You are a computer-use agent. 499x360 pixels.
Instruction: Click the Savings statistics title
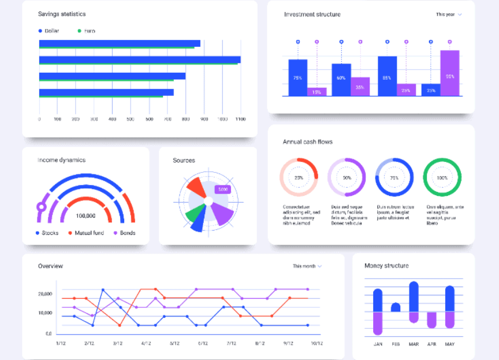tap(62, 13)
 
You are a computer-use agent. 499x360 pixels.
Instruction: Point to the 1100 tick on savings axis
tap(240, 119)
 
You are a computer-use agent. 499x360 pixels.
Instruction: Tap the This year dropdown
tap(449, 14)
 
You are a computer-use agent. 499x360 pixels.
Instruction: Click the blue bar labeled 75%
tap(298, 77)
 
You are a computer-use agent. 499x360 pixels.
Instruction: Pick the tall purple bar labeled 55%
tap(450, 73)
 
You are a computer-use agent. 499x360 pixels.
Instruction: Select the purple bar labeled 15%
tap(316, 91)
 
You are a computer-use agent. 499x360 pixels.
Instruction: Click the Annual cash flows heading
tap(307, 142)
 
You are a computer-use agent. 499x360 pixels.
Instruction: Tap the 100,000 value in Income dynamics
tap(85, 216)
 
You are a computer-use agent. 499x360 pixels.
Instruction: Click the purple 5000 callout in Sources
tap(222, 189)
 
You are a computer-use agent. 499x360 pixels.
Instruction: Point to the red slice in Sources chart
tap(195, 188)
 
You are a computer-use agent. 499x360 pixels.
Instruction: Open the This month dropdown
tap(307, 266)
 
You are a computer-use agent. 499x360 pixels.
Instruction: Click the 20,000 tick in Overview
tap(46, 294)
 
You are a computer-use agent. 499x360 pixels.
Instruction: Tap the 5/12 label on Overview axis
tap(174, 343)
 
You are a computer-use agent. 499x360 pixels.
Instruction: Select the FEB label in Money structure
tap(396, 344)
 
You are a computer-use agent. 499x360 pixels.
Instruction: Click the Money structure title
tap(386, 266)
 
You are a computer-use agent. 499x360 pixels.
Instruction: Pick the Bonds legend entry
tap(127, 233)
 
